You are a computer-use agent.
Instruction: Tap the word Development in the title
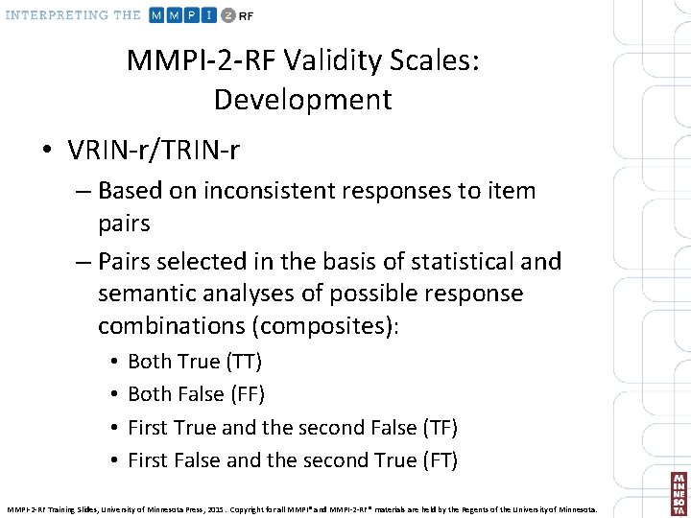coord(302,100)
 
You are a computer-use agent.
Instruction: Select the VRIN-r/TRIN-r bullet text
coord(154,150)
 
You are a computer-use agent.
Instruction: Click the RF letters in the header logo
coord(248,15)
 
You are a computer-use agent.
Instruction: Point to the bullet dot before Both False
coord(114,394)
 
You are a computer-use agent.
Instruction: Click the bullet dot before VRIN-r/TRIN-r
coord(46,151)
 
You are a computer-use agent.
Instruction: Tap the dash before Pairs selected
coord(82,261)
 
